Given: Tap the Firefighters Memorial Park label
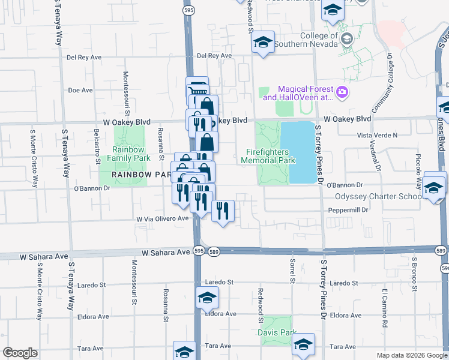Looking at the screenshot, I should click(x=271, y=156).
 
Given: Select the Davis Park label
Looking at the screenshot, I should click(x=277, y=332).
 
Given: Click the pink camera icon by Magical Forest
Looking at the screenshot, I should click(x=342, y=92).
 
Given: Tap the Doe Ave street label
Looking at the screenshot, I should click(x=80, y=90).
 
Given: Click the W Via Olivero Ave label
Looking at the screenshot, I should click(x=163, y=220).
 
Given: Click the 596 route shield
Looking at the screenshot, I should click(x=444, y=268).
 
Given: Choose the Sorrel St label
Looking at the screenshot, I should click(x=293, y=271).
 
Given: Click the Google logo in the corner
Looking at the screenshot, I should click(x=20, y=353).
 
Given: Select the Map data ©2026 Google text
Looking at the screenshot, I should click(x=411, y=355).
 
